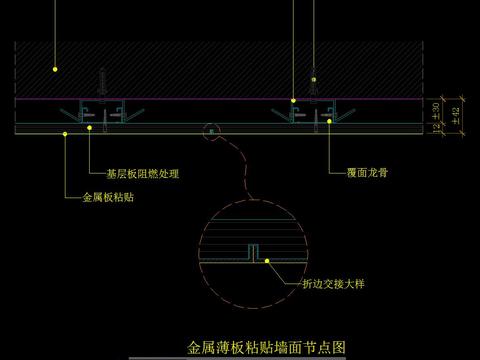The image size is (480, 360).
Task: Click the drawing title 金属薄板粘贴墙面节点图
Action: click(267, 349)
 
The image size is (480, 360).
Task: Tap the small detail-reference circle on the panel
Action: click(210, 128)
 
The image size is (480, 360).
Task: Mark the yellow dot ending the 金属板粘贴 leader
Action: click(66, 131)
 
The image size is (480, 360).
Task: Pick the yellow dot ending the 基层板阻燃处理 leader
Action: click(91, 127)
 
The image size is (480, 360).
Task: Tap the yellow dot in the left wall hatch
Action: click(56, 70)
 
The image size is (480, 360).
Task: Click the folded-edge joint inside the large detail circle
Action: click(253, 252)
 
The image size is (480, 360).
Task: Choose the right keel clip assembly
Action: click(311, 113)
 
